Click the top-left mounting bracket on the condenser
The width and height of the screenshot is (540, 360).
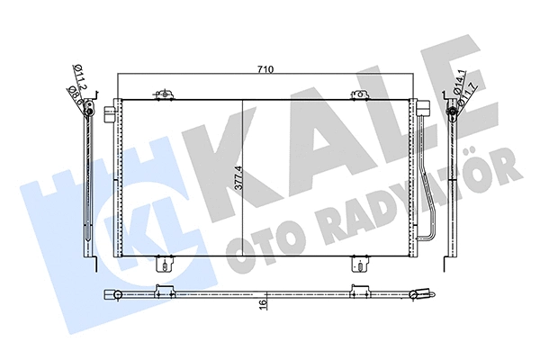coord(163,94)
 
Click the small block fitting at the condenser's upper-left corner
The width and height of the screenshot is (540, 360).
coord(110,114)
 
